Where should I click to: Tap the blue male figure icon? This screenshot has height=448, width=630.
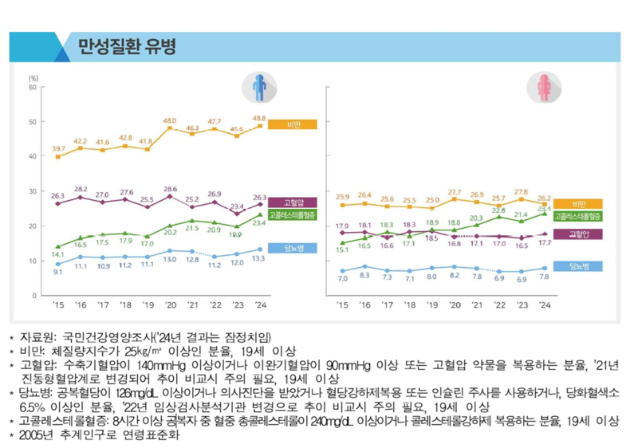[260, 87]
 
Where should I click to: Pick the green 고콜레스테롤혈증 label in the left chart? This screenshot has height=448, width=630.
[291, 215]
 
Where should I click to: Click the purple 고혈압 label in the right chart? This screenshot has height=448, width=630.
[578, 234]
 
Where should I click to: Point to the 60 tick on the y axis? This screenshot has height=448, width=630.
[33, 87]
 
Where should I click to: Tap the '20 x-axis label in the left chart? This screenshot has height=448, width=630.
[170, 305]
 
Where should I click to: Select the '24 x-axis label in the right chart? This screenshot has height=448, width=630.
[545, 305]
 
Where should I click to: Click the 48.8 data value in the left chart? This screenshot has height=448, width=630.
[259, 118]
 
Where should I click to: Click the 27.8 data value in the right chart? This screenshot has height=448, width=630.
[521, 192]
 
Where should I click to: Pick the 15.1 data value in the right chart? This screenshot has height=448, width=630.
[342, 250]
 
